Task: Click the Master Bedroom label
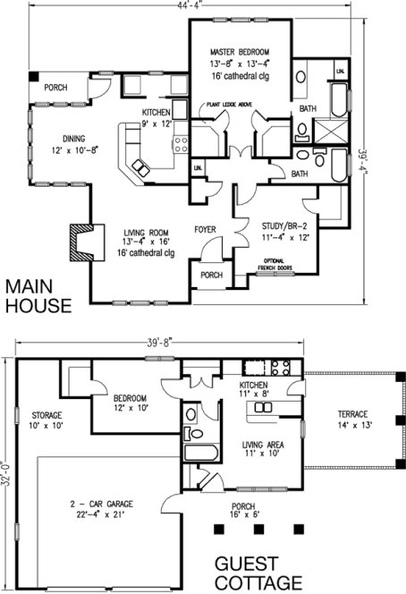[239, 53]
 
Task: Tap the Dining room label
[73, 139]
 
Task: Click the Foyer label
[207, 230]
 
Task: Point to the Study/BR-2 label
[285, 226]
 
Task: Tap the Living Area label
[263, 444]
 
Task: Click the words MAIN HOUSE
[38, 297]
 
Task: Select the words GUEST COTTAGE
[253, 574]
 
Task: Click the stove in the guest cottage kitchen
[279, 366]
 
